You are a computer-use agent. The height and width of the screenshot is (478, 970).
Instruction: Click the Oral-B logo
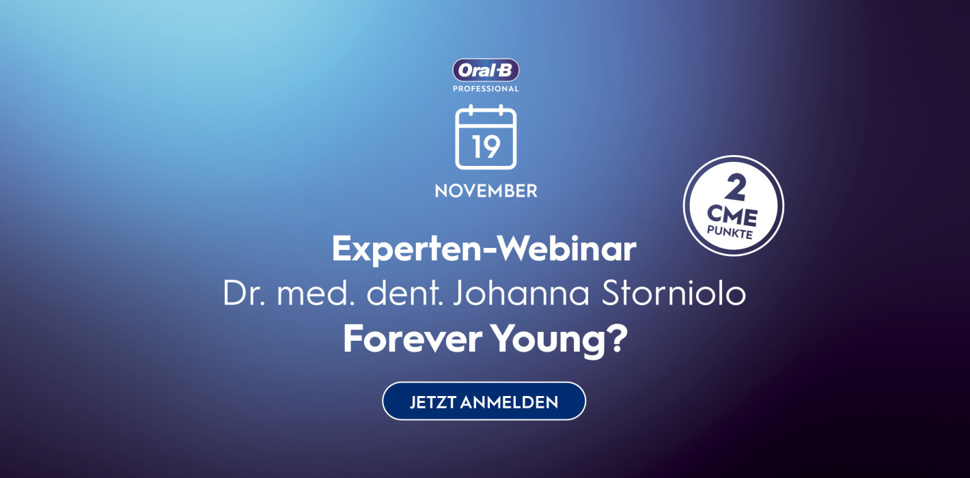486,70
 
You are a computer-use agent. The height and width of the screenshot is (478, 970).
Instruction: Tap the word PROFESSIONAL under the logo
486,89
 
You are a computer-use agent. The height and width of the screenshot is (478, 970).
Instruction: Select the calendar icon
486,138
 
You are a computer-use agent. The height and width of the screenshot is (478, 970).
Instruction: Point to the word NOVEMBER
486,191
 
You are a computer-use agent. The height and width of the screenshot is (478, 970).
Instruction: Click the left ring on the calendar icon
471,111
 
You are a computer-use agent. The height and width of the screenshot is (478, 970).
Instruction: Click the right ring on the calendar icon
501,111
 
